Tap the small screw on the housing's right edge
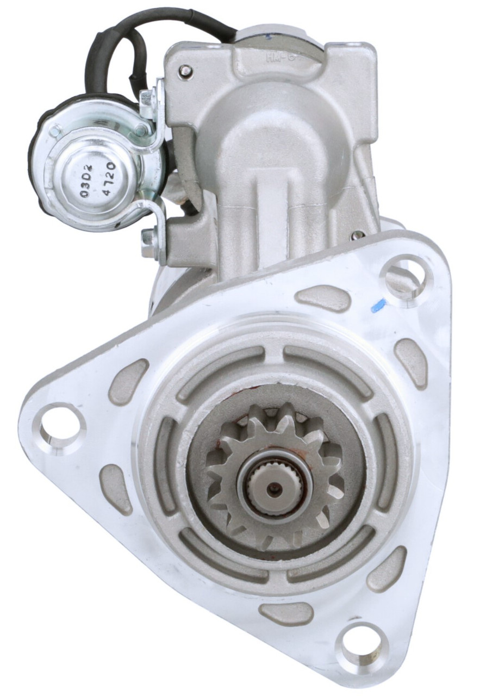(358, 235)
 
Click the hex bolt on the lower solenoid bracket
(147, 238)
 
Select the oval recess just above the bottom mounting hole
(286, 613)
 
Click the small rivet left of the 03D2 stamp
(55, 131)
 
